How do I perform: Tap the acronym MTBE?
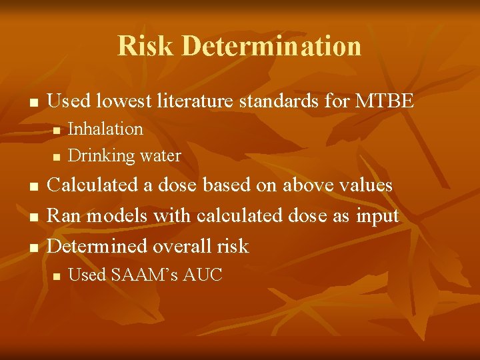click(385, 101)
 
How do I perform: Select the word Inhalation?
click(106, 129)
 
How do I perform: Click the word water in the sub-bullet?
click(160, 156)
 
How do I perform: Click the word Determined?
click(97, 246)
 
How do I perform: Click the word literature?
click(197, 101)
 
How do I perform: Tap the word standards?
click(289, 101)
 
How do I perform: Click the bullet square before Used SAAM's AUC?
click(57, 275)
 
